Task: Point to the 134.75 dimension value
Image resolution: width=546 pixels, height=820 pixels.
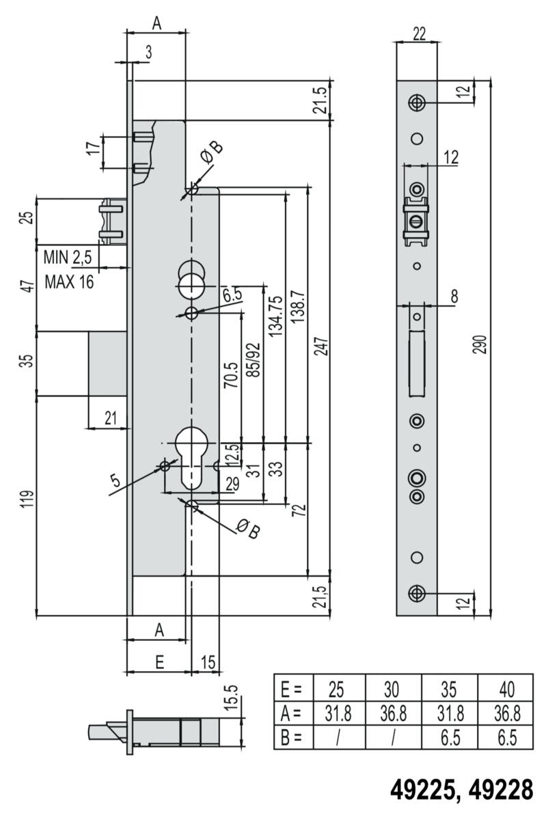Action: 276,316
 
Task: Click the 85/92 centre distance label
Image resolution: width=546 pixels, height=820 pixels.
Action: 254,359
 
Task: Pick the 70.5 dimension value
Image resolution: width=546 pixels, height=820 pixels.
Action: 232,375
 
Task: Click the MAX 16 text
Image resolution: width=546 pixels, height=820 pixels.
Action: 69,282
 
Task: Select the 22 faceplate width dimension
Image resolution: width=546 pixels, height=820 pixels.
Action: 419,34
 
